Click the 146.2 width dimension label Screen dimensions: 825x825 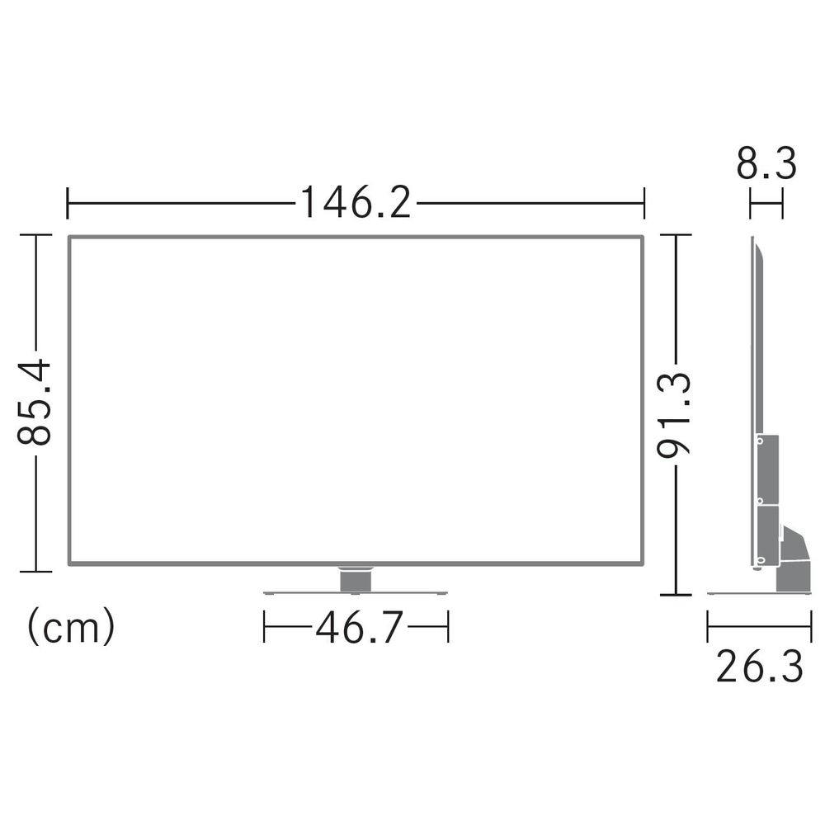(x=356, y=203)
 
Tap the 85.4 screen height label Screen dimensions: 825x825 (x=35, y=403)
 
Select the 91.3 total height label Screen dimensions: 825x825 (x=674, y=415)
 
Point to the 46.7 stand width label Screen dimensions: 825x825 (x=360, y=627)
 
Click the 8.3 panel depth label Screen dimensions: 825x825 (x=766, y=163)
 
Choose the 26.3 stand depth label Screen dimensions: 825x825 (x=760, y=666)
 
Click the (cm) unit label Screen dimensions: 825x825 (x=70, y=627)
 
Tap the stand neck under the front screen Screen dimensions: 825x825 (x=356, y=579)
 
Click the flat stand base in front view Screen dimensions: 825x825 (x=356, y=593)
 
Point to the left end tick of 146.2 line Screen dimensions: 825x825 (x=68, y=203)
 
